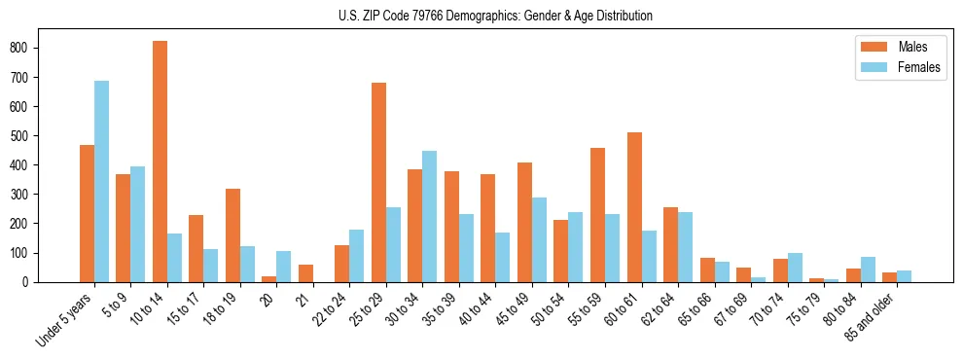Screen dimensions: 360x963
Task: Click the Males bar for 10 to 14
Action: [160, 162]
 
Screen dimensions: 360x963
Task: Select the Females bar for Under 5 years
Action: [101, 181]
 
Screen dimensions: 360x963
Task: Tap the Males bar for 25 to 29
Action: [378, 182]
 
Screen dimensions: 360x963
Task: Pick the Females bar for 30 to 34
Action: [429, 216]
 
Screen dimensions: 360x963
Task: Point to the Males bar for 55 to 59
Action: [597, 215]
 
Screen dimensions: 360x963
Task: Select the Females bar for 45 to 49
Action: [539, 239]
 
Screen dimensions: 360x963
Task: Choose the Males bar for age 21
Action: [305, 273]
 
